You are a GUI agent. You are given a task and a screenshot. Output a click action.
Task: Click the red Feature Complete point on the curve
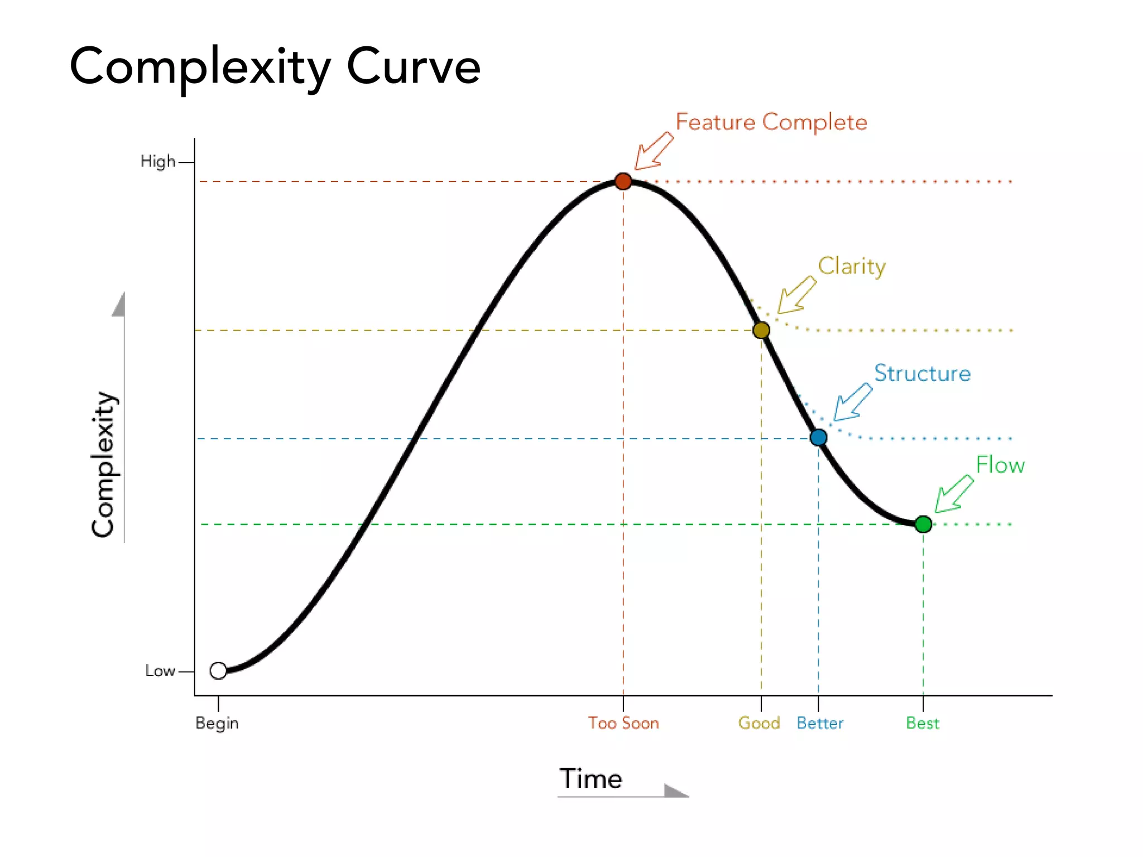[623, 181]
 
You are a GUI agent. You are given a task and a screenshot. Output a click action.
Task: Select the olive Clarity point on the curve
[761, 330]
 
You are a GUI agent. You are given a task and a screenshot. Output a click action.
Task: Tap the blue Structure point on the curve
[818, 437]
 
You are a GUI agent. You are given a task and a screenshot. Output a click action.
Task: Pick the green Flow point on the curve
[923, 524]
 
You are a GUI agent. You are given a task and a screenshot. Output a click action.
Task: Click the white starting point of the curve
[218, 670]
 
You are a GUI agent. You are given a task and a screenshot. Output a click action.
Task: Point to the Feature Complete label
[771, 122]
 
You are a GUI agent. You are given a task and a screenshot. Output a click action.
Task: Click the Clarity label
[851, 267]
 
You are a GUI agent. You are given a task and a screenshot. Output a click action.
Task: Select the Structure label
[922, 373]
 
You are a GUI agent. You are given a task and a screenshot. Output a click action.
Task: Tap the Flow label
[1000, 465]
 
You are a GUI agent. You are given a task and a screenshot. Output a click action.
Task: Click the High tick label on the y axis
[157, 162]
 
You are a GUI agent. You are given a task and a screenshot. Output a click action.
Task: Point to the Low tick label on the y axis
[160, 671]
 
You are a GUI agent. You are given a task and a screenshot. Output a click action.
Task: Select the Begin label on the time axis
[217, 723]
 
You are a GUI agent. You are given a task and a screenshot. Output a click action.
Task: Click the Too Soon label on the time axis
[623, 723]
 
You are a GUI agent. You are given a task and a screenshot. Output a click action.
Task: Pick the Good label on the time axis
[759, 723]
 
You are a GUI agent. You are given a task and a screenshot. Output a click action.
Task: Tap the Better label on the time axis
[820, 723]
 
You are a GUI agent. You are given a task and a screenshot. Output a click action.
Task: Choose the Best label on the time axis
[923, 723]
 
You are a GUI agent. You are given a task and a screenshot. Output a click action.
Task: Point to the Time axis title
[590, 778]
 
